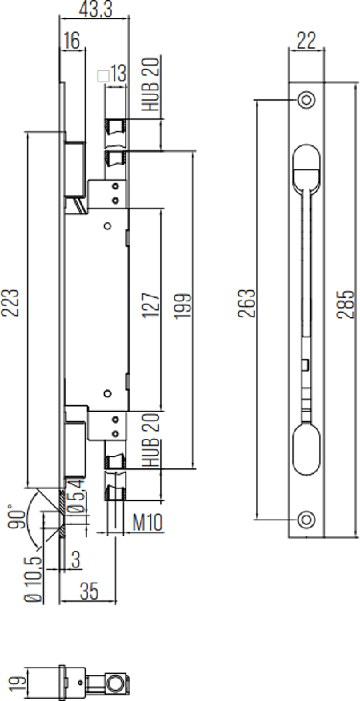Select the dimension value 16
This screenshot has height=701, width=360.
tap(70, 40)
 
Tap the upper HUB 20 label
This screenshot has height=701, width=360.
tap(152, 85)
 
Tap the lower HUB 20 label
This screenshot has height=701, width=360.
tap(152, 440)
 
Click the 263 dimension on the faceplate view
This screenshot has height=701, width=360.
tap(247, 303)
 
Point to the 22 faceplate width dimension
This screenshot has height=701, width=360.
tap(306, 41)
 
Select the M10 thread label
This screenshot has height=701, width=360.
tap(146, 524)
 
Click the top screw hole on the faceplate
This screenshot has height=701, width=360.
tap(306, 99)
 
